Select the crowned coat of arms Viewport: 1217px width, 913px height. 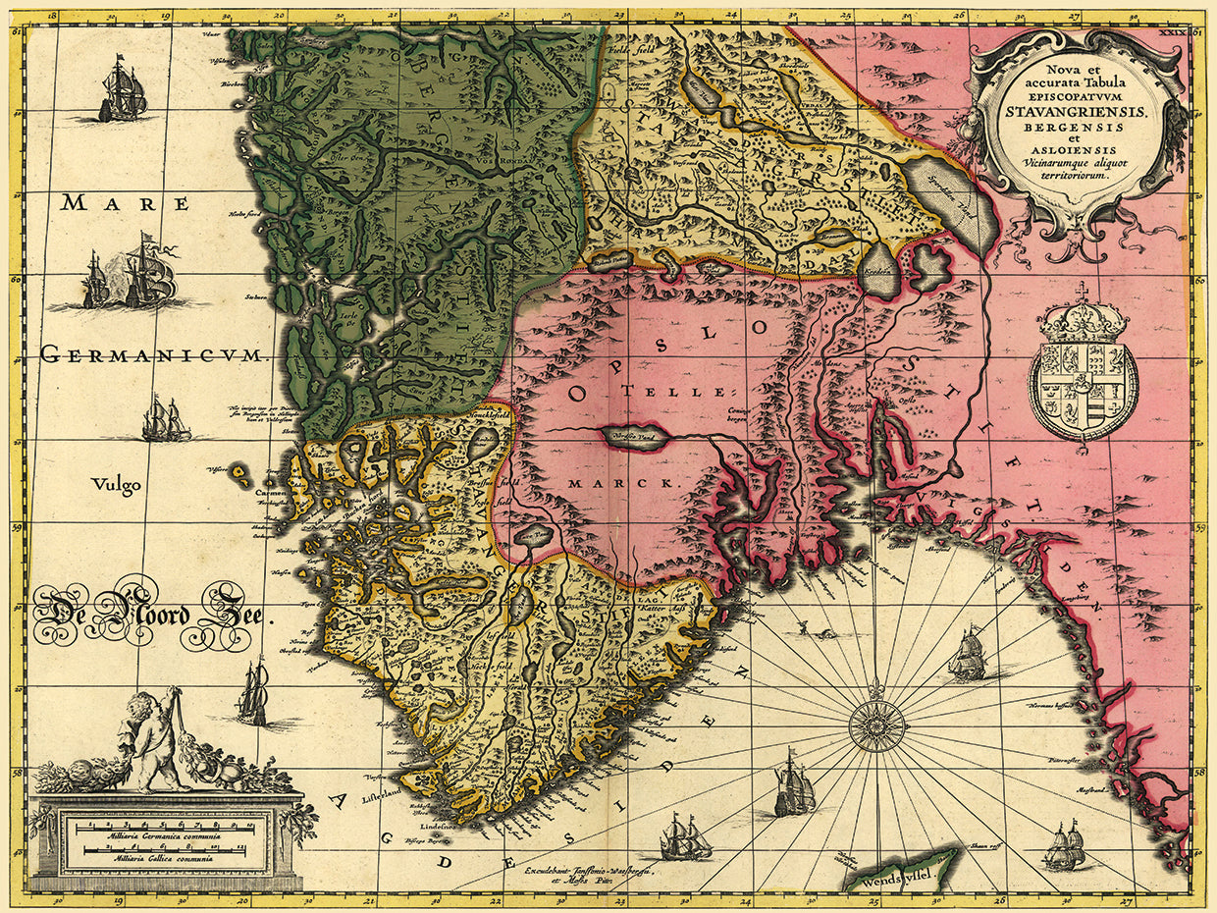coord(1083,368)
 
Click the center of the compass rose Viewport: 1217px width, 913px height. coord(877,725)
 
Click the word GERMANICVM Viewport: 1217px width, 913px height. coord(153,355)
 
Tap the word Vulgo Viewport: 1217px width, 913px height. coord(116,484)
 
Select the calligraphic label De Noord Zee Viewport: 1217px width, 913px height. coord(151,616)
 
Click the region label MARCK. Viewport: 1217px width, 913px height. coord(622,484)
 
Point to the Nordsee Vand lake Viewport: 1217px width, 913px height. coord(635,437)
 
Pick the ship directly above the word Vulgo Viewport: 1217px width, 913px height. coord(165,419)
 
